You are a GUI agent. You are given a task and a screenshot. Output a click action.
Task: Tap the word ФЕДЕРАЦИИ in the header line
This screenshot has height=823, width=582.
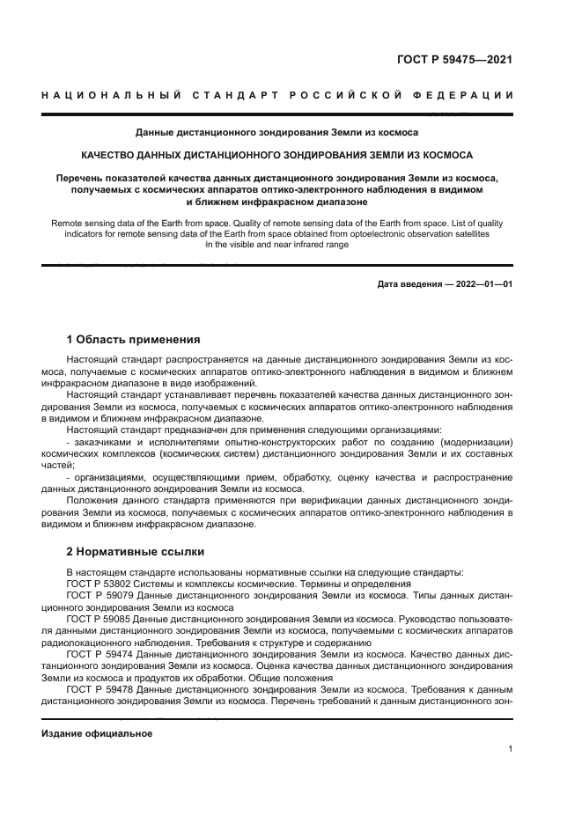(x=470, y=95)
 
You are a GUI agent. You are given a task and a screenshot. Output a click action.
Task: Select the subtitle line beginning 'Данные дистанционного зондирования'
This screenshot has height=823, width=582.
(x=276, y=133)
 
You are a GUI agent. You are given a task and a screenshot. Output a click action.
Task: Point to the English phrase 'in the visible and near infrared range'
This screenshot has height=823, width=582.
(x=276, y=246)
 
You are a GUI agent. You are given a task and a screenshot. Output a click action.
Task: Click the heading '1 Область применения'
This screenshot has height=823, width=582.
(x=134, y=339)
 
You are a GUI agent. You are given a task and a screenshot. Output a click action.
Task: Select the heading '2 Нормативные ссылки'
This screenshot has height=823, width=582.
(x=136, y=552)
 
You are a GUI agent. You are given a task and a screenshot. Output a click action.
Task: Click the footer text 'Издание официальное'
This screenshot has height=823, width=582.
(x=98, y=733)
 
